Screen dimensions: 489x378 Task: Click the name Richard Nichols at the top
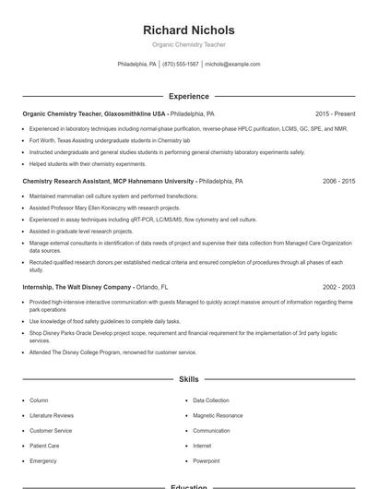[x=189, y=30]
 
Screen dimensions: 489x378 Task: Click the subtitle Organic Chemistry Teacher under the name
[x=189, y=44]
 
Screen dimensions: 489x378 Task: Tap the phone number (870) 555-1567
[x=181, y=65]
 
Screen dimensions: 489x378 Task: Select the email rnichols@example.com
[x=232, y=65]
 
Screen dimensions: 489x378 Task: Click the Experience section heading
[x=189, y=96]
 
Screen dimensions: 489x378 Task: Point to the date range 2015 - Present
[x=335, y=113]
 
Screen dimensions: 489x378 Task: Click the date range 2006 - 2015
[x=338, y=182]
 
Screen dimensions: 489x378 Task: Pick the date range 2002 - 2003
[x=338, y=287]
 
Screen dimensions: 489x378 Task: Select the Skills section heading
[x=189, y=379]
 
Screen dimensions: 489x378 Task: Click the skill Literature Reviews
[x=52, y=415]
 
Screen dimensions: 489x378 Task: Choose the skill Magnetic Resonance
[x=217, y=415]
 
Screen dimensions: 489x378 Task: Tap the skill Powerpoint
[x=207, y=460]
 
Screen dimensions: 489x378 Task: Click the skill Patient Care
[x=44, y=446]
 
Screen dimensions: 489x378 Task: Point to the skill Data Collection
[x=211, y=400]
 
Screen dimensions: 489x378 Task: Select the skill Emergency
[x=43, y=460]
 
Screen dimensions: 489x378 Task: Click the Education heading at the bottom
[x=189, y=486]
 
